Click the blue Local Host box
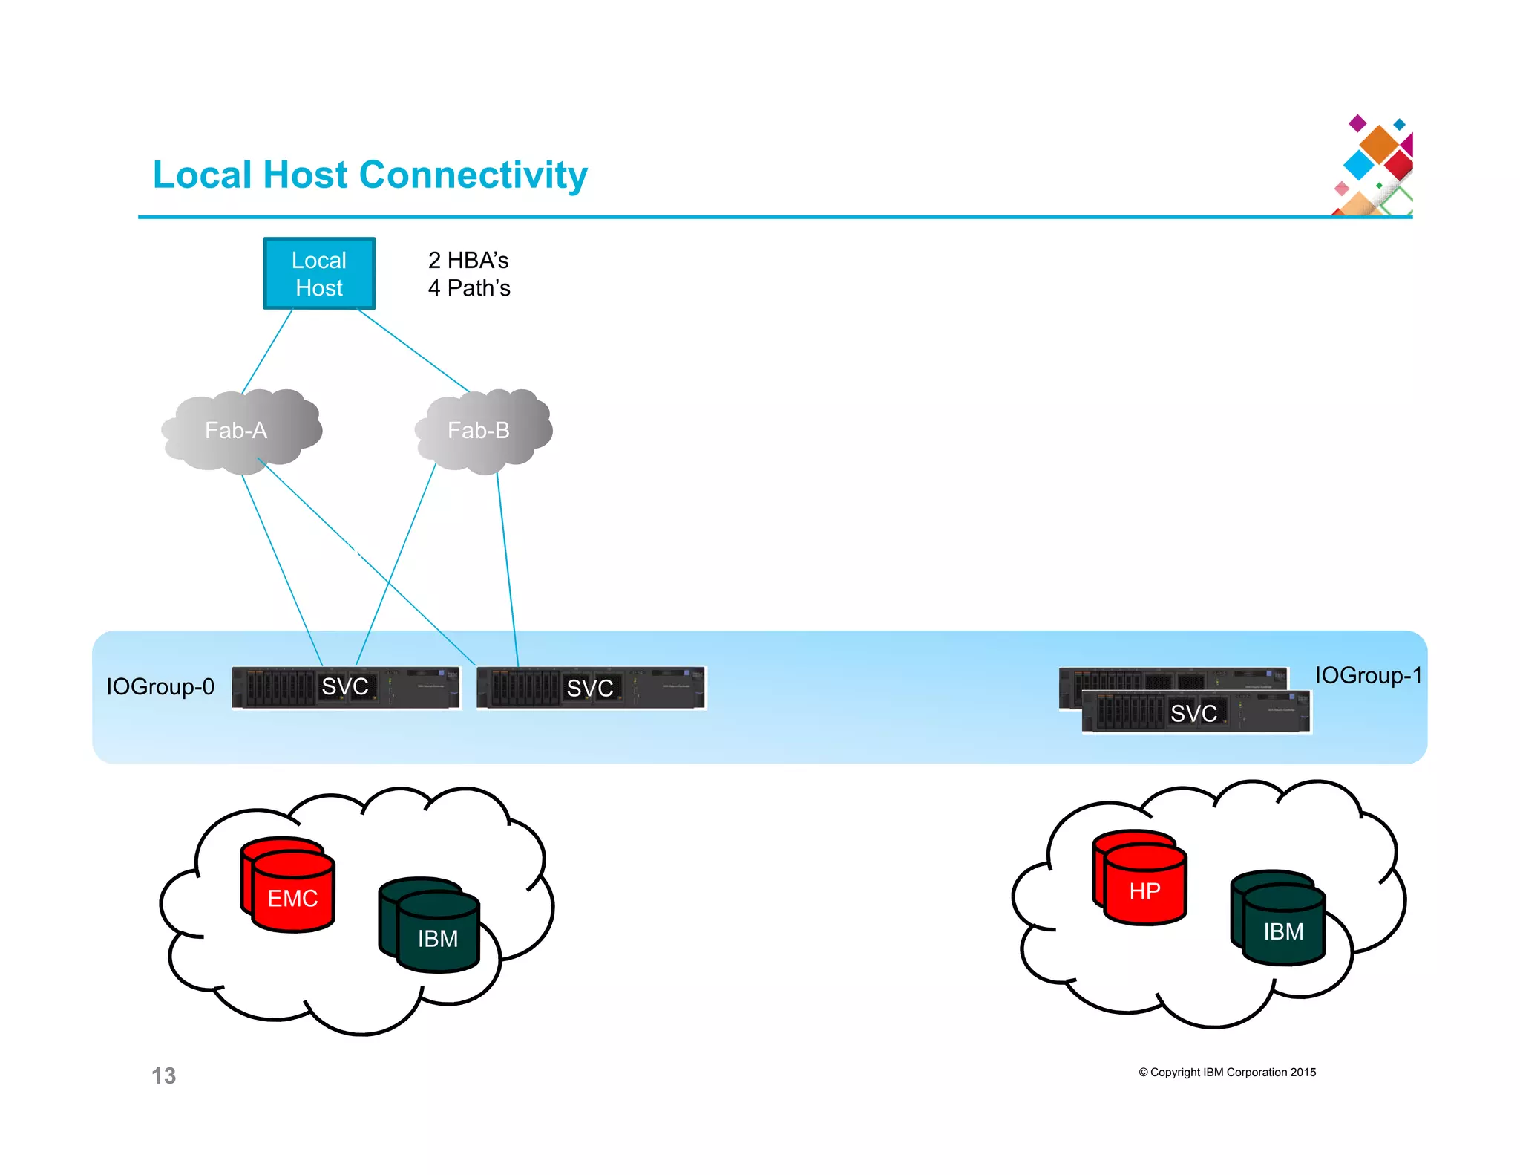[319, 273]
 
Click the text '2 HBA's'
[468, 260]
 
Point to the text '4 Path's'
[469, 288]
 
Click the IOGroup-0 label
[160, 686]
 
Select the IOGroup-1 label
[1368, 675]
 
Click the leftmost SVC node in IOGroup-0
[345, 687]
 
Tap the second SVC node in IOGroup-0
[590, 688]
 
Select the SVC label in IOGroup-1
[1193, 713]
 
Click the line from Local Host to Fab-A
[267, 351]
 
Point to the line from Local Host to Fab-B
[413, 350]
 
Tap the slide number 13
[163, 1075]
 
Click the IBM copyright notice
[1227, 1072]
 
